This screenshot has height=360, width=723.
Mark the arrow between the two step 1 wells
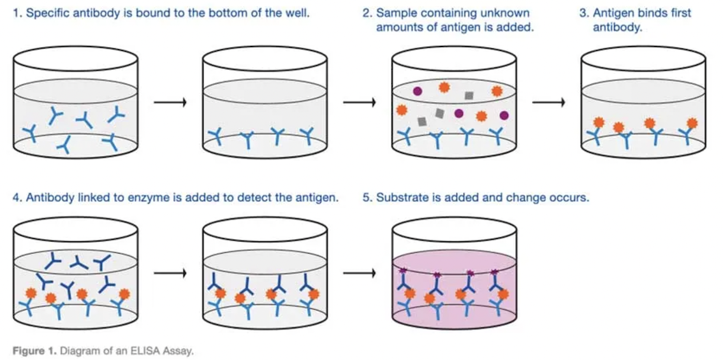[x=170, y=103]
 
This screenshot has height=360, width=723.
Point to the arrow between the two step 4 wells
[x=170, y=273]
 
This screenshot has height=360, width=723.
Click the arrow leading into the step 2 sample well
[x=360, y=103]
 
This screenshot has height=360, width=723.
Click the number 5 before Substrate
[x=366, y=198]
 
